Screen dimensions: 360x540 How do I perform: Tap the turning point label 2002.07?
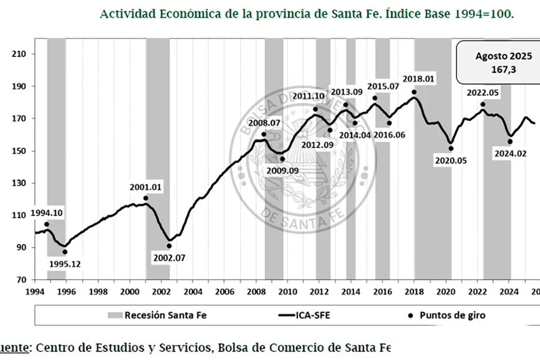tap(169, 257)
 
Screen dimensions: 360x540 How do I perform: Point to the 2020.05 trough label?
tap(450, 160)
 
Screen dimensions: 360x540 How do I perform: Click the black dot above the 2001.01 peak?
tap(146, 198)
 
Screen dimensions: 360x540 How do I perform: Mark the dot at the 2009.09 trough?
tap(282, 159)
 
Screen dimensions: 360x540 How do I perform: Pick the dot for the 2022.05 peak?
tap(482, 104)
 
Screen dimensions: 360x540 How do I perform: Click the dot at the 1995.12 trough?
tap(65, 251)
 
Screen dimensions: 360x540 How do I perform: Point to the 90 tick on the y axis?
tap(20, 248)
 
